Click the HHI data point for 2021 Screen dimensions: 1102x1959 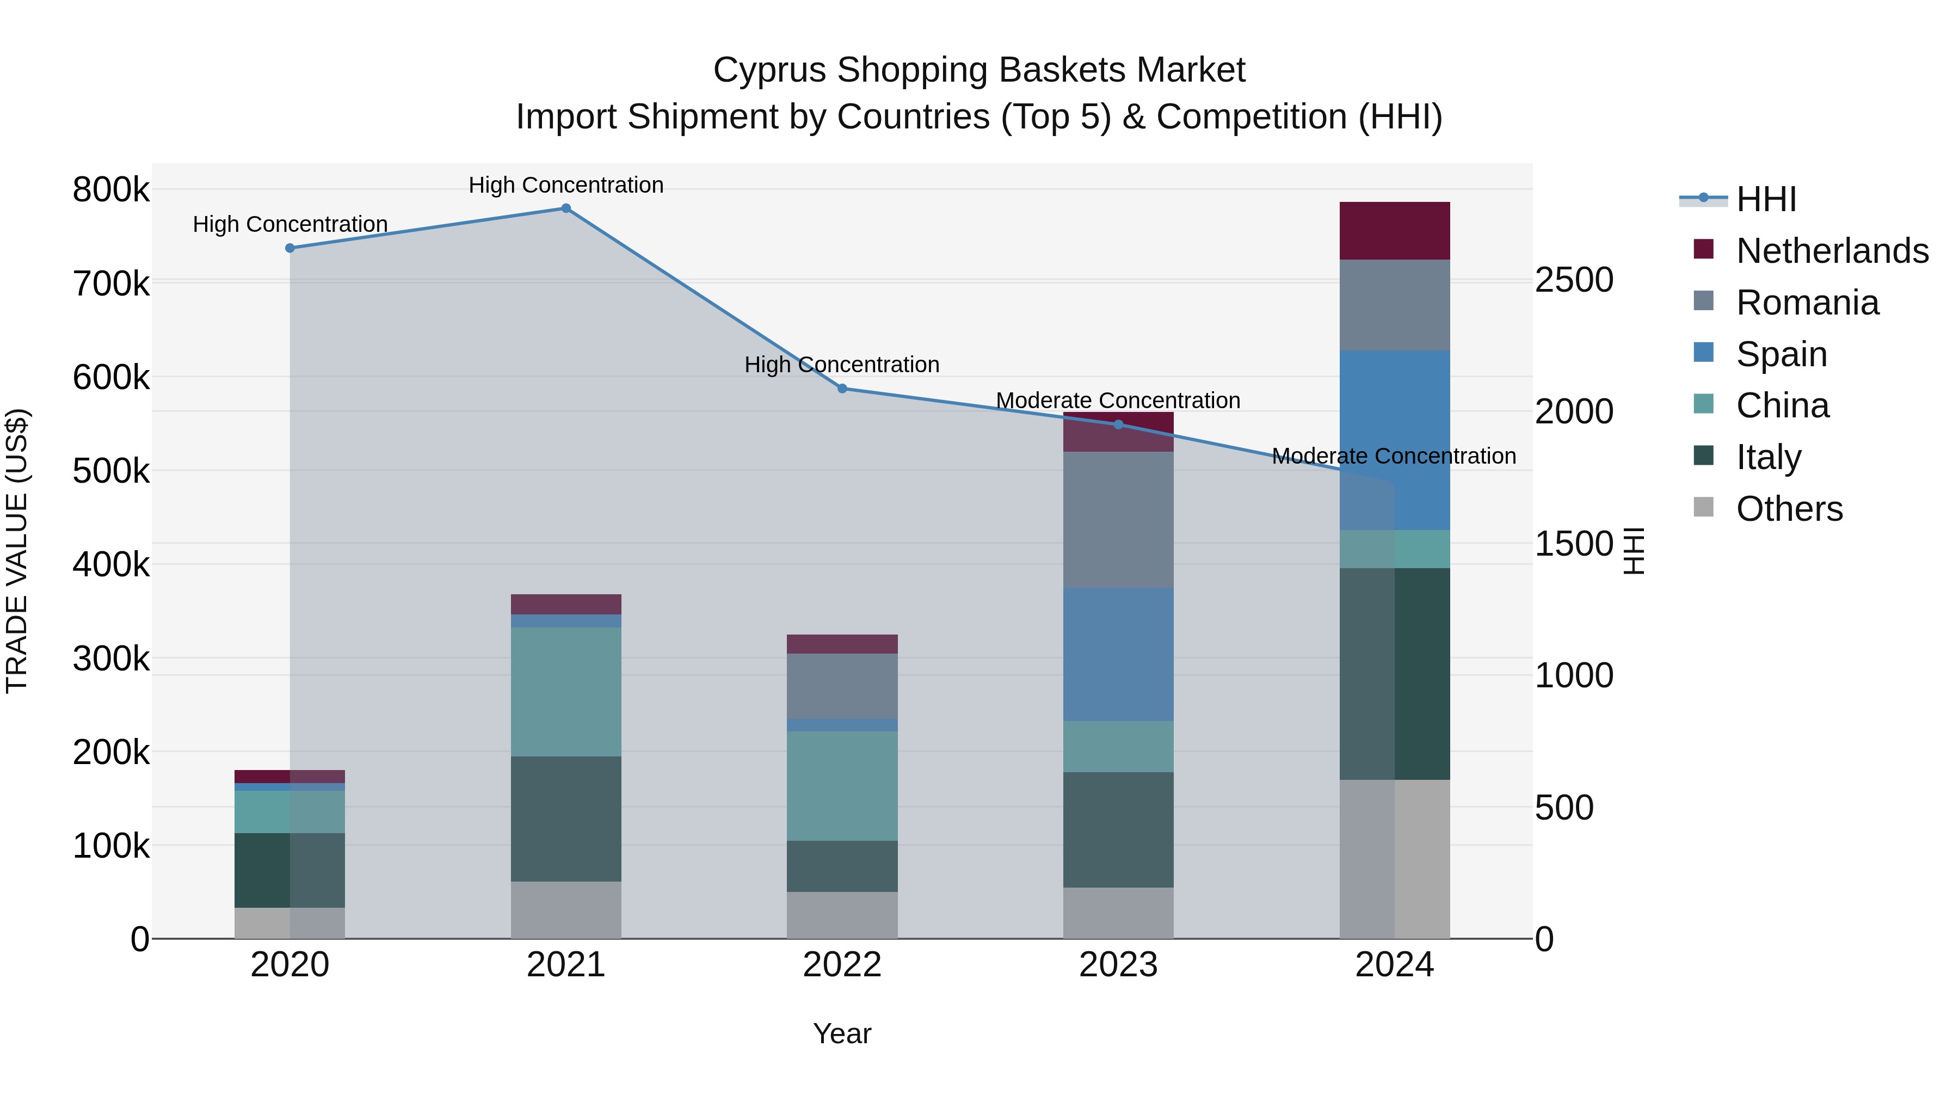pyautogui.click(x=566, y=208)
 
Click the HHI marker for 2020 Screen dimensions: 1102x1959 pyautogui.click(x=289, y=248)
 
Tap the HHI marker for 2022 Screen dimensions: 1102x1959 pyautogui.click(x=842, y=389)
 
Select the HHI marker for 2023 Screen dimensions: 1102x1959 pyautogui.click(x=1118, y=424)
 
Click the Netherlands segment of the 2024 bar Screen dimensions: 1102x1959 pyautogui.click(x=1394, y=231)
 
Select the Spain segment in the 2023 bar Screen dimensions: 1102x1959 pyautogui.click(x=1118, y=654)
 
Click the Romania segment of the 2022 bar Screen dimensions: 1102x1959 pyautogui.click(x=842, y=686)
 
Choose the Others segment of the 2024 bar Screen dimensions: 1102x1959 pyautogui.click(x=1394, y=859)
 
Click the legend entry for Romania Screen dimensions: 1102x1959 pyautogui.click(x=1807, y=303)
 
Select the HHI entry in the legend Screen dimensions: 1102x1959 pyautogui.click(x=1766, y=199)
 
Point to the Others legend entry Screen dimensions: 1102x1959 pyautogui.click(x=1789, y=509)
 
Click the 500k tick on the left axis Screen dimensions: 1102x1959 pyautogui.click(x=111, y=471)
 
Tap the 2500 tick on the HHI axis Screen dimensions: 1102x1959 pyautogui.click(x=1573, y=280)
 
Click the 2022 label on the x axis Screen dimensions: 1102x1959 pyautogui.click(x=842, y=965)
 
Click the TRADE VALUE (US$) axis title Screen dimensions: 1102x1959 pyautogui.click(x=17, y=551)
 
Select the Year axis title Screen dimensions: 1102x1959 pyautogui.click(x=842, y=1033)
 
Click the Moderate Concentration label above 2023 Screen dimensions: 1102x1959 pyautogui.click(x=1118, y=400)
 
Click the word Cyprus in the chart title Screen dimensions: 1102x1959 pyautogui.click(x=769, y=70)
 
